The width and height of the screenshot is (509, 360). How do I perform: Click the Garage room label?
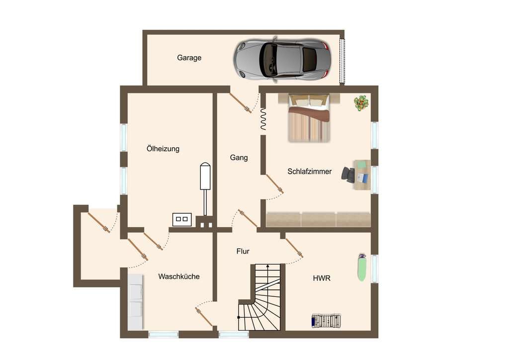coord(189,58)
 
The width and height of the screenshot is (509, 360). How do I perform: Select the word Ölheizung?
coord(163,149)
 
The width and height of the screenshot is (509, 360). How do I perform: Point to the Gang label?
coord(239,158)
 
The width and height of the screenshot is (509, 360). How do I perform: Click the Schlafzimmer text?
coord(310,172)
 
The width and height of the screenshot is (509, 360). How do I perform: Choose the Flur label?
coord(243,251)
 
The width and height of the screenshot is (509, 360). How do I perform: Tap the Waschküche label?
coord(179,276)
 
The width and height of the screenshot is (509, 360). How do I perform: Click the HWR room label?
coord(322,278)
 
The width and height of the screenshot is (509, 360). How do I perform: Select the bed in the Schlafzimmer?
coord(309,117)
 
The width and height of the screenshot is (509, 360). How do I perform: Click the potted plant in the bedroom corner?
coord(361,103)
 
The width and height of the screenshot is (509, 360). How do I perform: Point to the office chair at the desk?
coord(348,175)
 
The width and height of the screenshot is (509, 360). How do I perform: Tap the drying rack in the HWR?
coord(326,320)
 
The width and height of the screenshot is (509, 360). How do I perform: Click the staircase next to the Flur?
coord(259,297)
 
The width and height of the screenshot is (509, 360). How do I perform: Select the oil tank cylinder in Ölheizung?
coord(205,176)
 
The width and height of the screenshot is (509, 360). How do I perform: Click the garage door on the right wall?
coord(342,61)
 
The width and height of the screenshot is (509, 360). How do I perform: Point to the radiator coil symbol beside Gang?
coord(263,119)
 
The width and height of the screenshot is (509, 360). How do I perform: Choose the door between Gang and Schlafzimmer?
coord(274,184)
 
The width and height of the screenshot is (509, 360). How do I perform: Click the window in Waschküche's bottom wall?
coord(164,334)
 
